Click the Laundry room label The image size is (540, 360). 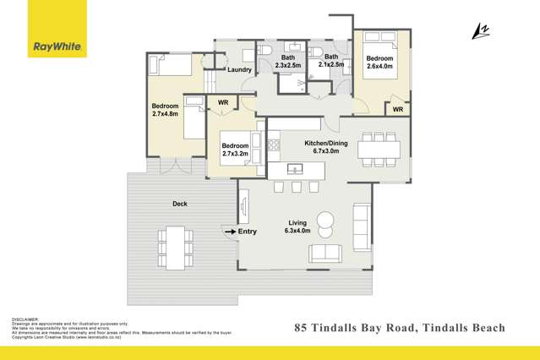coord(241,71)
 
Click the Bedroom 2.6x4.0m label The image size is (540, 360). coord(379,65)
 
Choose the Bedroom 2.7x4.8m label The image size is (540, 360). coord(165,111)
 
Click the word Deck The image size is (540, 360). coord(179,204)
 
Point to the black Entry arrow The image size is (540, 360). coord(228,231)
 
